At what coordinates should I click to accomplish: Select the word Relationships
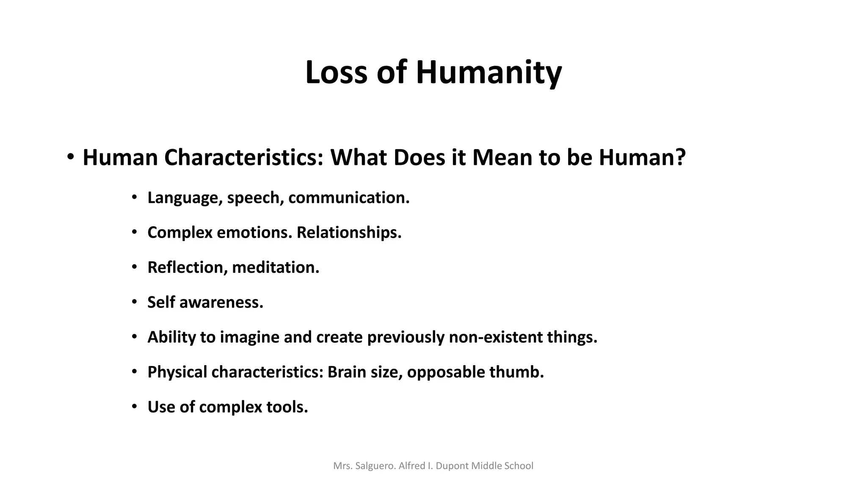[349, 233]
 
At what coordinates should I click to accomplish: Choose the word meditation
[275, 267]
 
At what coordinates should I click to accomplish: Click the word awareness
[221, 302]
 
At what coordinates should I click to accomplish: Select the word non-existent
[495, 337]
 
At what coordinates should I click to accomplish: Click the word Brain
[346, 372]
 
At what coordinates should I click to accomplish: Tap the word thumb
[516, 372]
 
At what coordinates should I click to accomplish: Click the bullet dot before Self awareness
[134, 302]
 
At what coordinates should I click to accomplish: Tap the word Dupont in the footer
[452, 466]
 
